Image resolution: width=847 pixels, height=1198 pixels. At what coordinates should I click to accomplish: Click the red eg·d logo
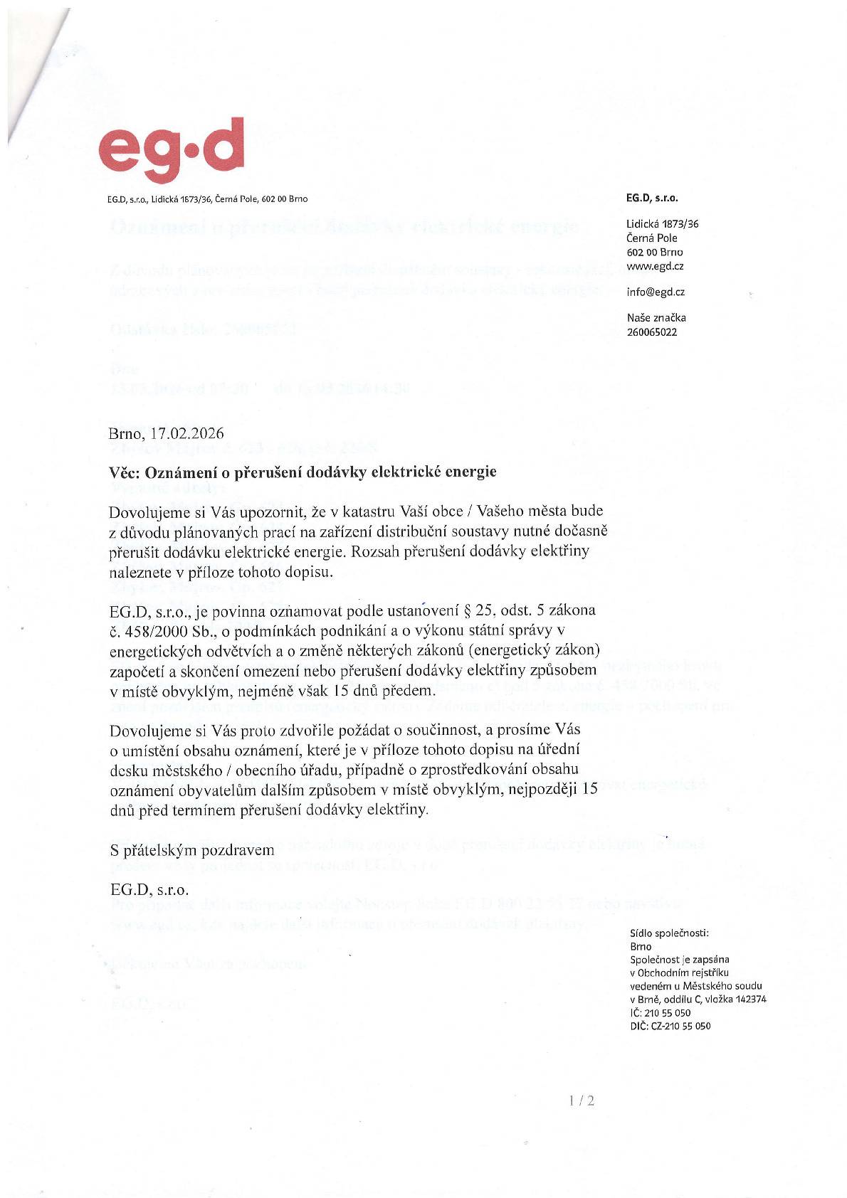pos(172,151)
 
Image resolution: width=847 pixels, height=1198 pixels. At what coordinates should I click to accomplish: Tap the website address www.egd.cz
pos(655,266)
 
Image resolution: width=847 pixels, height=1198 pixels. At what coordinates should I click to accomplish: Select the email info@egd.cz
pos(656,292)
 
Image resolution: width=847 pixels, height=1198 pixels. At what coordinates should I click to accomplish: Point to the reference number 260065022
pos(652,332)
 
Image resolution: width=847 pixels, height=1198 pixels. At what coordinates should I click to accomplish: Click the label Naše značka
pos(656,318)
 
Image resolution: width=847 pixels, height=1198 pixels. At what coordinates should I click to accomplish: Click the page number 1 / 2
pos(582,1101)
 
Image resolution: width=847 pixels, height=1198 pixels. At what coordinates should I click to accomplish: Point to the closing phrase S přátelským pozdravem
pos(191,850)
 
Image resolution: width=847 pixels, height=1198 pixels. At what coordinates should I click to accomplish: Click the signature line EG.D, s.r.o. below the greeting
pos(149,889)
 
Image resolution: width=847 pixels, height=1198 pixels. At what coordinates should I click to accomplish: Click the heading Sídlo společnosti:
pos(670,933)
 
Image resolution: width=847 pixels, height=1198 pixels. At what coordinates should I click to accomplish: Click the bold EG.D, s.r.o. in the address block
pos(652,198)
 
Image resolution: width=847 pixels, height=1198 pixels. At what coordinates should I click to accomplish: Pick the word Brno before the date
pos(126,433)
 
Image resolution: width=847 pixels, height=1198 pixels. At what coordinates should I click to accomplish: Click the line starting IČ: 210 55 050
pos(660,1012)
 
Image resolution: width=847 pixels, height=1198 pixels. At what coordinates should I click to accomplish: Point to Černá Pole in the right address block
pos(652,238)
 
